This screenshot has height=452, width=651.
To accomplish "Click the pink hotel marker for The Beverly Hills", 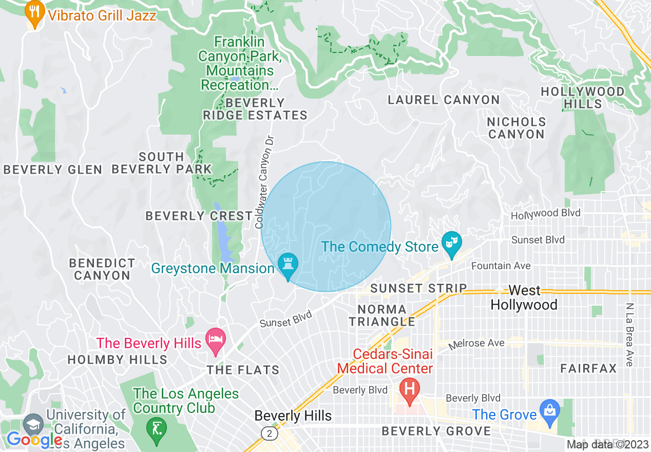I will (x=216, y=340).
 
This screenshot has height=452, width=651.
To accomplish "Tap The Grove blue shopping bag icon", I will (x=549, y=411).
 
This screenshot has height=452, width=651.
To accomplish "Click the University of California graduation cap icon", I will (x=33, y=424).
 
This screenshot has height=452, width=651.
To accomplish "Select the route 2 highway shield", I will (x=270, y=434).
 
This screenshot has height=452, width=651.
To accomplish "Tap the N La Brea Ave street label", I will (x=629, y=334).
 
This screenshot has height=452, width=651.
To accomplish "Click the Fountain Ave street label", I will (x=501, y=266).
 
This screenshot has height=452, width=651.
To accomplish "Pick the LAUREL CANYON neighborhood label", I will (x=444, y=100).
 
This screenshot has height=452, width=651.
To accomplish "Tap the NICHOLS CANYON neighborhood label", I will (x=516, y=128).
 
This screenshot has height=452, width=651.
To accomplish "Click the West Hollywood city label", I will (x=524, y=298).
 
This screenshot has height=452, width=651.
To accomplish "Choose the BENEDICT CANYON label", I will (x=102, y=269).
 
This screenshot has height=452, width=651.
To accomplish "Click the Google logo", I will (x=34, y=440).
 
